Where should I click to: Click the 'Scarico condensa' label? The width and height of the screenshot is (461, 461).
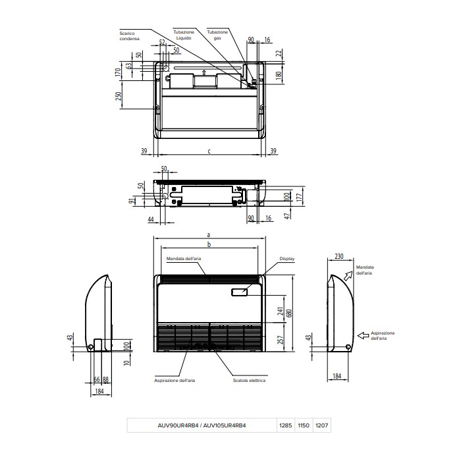pyautogui.click(x=129, y=36)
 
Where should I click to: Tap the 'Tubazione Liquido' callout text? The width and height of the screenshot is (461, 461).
pyautogui.click(x=184, y=36)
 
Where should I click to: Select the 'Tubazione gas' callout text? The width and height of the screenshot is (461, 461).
pyautogui.click(x=217, y=36)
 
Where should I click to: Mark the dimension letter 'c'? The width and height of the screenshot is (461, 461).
pyautogui.click(x=209, y=151)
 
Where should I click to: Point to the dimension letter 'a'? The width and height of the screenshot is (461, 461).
pyautogui.click(x=208, y=234)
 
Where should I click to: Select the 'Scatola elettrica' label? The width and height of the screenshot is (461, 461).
pyautogui.click(x=249, y=380)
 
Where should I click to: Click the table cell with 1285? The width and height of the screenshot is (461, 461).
pyautogui.click(x=286, y=426)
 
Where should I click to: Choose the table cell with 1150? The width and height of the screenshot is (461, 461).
pyautogui.click(x=304, y=426)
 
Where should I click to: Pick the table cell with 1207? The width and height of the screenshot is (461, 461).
pyautogui.click(x=321, y=426)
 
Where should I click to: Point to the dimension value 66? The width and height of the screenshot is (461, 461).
pyautogui.click(x=96, y=379)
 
